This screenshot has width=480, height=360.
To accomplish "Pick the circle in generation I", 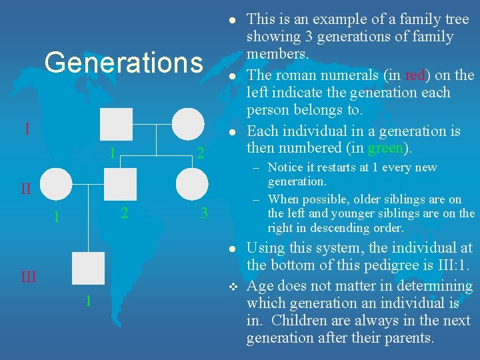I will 188,125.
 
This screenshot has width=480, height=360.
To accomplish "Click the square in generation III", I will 88,269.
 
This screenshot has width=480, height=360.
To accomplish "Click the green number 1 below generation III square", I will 88,301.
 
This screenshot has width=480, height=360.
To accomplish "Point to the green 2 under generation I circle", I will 200,154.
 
